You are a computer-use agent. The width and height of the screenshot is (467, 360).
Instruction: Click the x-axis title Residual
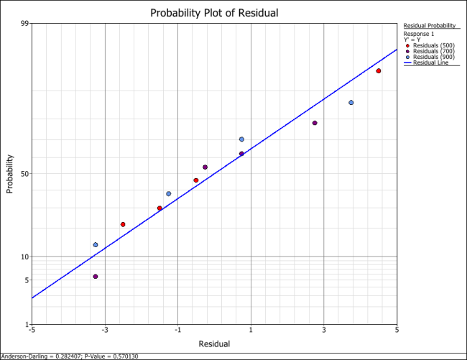[x=213, y=344]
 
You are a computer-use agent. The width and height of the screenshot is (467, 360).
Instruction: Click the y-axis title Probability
[x=10, y=174]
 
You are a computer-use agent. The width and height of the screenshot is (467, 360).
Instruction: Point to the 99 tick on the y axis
[x=24, y=24]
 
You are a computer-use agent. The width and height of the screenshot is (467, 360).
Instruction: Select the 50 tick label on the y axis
[x=24, y=174]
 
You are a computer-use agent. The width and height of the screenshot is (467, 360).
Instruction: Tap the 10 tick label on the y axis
[x=24, y=257]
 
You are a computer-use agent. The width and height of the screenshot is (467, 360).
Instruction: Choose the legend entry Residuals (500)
[x=430, y=45]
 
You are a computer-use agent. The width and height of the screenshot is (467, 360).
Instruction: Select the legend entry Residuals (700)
[x=430, y=51]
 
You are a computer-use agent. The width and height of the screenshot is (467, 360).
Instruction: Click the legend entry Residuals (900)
[x=430, y=57]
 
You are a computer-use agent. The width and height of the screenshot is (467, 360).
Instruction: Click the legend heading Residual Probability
[x=430, y=26]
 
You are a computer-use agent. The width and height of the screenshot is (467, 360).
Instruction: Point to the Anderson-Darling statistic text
[x=70, y=356]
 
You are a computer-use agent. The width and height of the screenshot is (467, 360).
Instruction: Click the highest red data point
[x=378, y=71]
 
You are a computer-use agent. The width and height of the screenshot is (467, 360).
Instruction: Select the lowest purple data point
[x=96, y=277]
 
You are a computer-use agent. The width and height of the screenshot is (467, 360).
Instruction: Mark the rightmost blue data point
[x=351, y=103]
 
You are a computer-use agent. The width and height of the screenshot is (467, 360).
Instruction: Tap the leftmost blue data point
[x=96, y=245]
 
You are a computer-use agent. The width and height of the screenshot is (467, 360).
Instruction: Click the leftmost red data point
[x=123, y=224]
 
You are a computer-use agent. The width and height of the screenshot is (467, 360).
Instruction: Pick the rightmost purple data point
[x=315, y=123]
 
